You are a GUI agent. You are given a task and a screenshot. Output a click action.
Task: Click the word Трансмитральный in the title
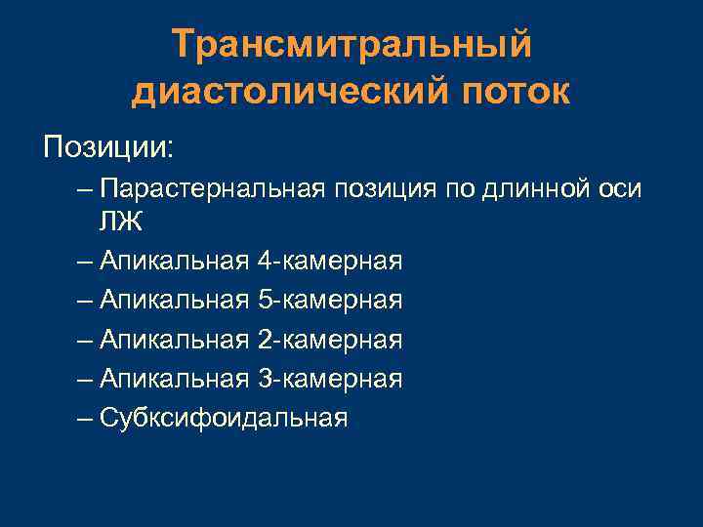pos(351,45)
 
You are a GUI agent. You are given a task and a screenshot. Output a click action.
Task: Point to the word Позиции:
pos(108,147)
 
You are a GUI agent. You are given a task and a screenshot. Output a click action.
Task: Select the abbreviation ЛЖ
pos(120,222)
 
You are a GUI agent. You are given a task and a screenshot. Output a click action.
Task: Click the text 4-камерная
pos(330,262)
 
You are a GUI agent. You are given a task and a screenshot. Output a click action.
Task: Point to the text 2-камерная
pos(330,340)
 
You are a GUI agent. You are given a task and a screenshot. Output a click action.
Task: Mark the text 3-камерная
pos(330,379)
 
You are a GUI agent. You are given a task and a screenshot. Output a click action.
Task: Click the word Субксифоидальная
pos(223,418)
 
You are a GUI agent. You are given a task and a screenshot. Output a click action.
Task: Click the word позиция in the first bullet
pos(385,187)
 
